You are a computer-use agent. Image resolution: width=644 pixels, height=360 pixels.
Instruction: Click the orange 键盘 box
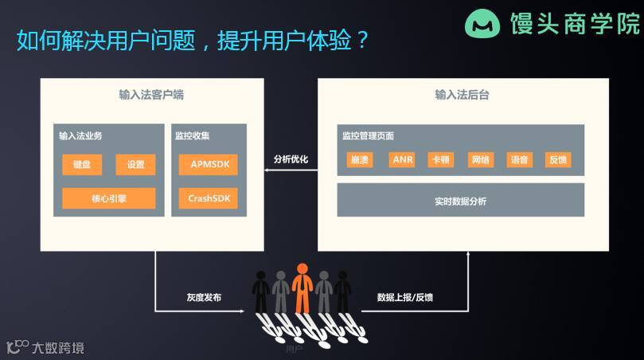point(82,165)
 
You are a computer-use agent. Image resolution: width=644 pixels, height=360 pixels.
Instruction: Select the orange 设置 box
point(135,165)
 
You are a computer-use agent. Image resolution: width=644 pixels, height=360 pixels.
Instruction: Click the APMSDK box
point(209,165)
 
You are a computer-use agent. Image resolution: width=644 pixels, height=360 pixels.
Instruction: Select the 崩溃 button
point(360,159)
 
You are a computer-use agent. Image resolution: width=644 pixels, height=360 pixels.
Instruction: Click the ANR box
point(403,159)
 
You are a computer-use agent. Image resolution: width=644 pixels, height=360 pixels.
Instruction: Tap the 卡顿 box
point(440,159)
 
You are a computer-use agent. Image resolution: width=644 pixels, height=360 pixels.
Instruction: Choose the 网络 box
point(480,159)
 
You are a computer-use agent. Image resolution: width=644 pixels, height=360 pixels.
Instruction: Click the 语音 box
point(519,159)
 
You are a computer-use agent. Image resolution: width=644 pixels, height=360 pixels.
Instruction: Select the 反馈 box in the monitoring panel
point(558,159)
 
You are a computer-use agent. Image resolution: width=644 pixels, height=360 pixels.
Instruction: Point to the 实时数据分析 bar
point(460,201)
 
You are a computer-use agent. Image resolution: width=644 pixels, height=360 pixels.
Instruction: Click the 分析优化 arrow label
point(291,159)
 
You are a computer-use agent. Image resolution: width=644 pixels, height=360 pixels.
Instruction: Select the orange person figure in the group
point(302,287)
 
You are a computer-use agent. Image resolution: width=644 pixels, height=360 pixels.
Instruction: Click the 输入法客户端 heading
point(151,95)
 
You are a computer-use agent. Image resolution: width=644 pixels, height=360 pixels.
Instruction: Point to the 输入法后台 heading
point(462,95)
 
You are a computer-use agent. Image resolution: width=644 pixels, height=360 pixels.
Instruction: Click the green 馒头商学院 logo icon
point(482,24)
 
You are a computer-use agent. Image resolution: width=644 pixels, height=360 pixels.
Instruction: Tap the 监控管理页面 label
point(369,135)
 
